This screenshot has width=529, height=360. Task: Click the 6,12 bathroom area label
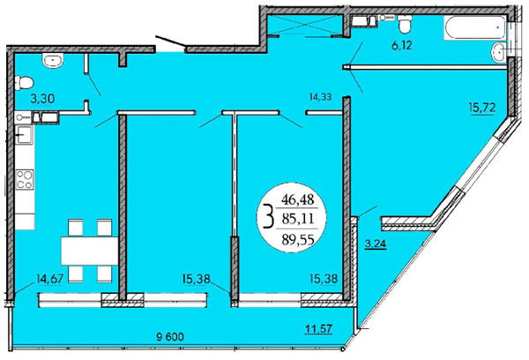(402, 45)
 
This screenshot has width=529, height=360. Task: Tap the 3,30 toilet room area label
(42, 99)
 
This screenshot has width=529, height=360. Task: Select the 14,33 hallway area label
(320, 97)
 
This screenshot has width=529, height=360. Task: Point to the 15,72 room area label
(481, 108)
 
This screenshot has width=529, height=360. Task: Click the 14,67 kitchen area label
(49, 279)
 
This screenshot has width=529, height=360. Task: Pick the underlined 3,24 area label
(376, 244)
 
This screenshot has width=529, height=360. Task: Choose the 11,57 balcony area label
(319, 328)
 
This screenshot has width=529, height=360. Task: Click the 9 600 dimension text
(170, 337)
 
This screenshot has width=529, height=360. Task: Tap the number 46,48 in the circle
(298, 200)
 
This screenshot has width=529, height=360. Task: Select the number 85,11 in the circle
(298, 219)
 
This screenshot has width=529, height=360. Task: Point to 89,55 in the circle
(298, 239)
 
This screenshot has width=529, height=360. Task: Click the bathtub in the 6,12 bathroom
(475, 27)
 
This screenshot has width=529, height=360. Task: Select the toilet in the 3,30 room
(24, 82)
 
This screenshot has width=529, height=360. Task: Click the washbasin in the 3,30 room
(53, 61)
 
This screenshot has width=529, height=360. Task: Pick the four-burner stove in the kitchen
(25, 179)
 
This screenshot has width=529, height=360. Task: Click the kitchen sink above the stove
(24, 135)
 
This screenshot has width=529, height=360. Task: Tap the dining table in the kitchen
(89, 251)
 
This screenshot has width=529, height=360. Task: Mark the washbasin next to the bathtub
(499, 52)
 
